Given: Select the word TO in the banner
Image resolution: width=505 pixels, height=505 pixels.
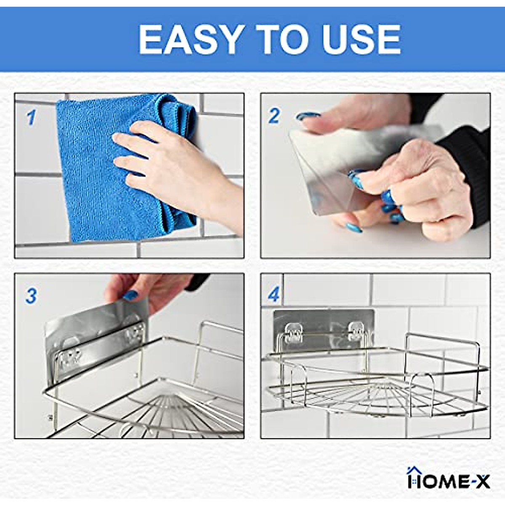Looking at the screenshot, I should [285, 39].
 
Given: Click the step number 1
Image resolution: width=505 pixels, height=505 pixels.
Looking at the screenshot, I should [31, 118].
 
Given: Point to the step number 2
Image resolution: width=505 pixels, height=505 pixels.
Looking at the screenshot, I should [274, 116].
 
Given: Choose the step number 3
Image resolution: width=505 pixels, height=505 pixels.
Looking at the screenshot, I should [31, 296].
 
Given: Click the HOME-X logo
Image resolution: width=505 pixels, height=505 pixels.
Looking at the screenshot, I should [449, 479].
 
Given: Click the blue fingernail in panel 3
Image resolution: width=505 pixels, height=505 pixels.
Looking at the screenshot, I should [130, 295].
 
